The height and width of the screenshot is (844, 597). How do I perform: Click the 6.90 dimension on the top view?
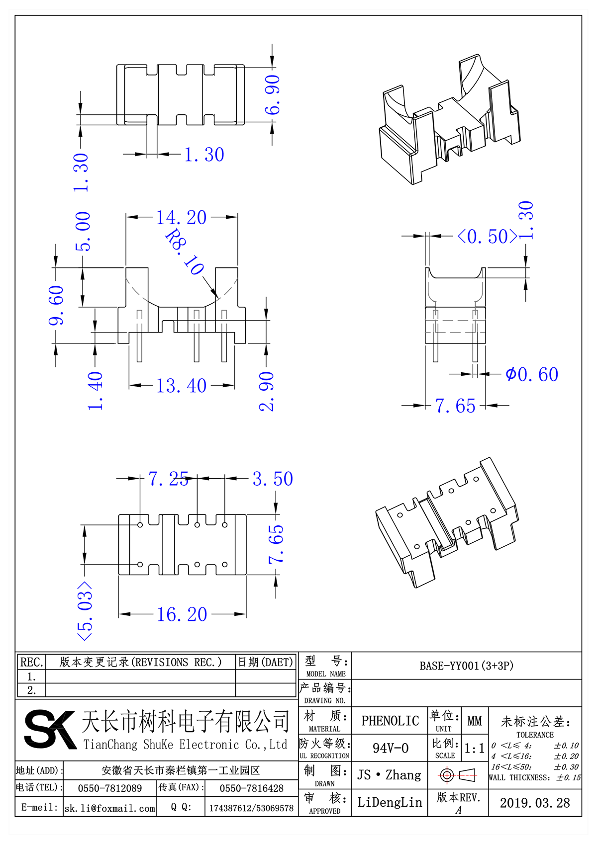tap(273, 94)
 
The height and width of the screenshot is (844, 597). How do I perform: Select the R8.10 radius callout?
tap(185, 253)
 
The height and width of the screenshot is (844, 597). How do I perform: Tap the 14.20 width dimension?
tap(182, 218)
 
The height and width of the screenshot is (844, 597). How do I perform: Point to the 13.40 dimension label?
tap(182, 386)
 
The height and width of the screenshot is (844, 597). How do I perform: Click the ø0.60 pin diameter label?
tap(532, 374)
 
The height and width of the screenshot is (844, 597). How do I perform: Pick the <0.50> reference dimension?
tap(488, 237)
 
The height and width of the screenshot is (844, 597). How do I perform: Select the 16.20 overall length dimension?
tap(182, 615)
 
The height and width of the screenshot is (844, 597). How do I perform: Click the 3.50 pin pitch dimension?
tap(273, 479)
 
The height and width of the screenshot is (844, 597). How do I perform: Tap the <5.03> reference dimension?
tap(85, 611)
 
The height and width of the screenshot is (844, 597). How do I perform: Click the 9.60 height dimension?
tap(56, 305)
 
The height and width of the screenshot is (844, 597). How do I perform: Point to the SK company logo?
tap(50, 729)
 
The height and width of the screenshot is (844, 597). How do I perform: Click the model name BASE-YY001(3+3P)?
tap(466, 666)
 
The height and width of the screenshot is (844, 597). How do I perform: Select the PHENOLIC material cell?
tap(390, 721)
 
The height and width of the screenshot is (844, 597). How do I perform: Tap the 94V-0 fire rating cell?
tap(391, 748)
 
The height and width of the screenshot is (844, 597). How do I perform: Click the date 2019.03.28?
tap(535, 803)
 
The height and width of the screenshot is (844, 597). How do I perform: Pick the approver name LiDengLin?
tap(390, 802)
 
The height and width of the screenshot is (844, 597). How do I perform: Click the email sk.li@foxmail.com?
tap(110, 808)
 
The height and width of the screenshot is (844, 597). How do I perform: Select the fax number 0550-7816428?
tap(252, 788)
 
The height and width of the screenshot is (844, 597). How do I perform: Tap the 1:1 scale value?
tap(474, 749)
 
